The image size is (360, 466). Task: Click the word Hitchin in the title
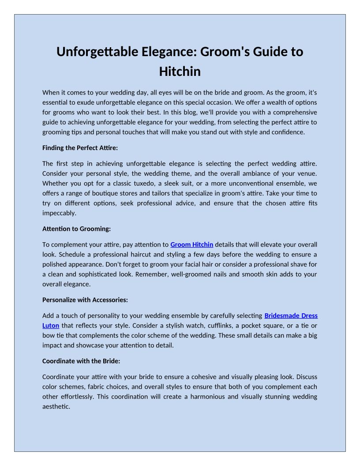(180, 71)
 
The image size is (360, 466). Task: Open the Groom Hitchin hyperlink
(191, 244)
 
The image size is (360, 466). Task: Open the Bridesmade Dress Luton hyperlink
(291, 316)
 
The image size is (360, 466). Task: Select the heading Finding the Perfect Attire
(80, 148)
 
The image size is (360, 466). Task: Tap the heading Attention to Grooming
(76, 229)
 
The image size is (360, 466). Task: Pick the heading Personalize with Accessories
(85, 300)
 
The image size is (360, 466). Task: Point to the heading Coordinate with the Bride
(81, 361)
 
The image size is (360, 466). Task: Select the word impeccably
(59, 213)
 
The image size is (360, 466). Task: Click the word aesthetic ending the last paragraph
(56, 406)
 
